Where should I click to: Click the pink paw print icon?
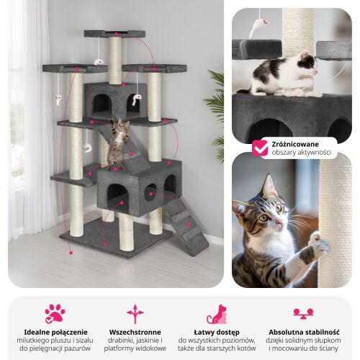coord(55,314)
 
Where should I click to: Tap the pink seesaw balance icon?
coord(303,314)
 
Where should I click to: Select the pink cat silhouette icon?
coord(217,314)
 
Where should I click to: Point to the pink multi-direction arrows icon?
coord(135,314)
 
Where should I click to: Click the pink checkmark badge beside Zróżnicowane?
coord(260,148)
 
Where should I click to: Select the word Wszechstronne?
coord(135,333)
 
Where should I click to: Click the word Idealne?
coord(35,333)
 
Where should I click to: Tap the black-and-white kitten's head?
coord(308,63)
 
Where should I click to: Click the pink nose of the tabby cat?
coord(279,221)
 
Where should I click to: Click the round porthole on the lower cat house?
coord(150,192)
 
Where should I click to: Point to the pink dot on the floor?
coord(71,253)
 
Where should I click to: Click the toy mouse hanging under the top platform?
coord(99,62)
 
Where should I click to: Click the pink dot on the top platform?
coord(117,34)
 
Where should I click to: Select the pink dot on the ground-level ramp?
coord(188,225)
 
